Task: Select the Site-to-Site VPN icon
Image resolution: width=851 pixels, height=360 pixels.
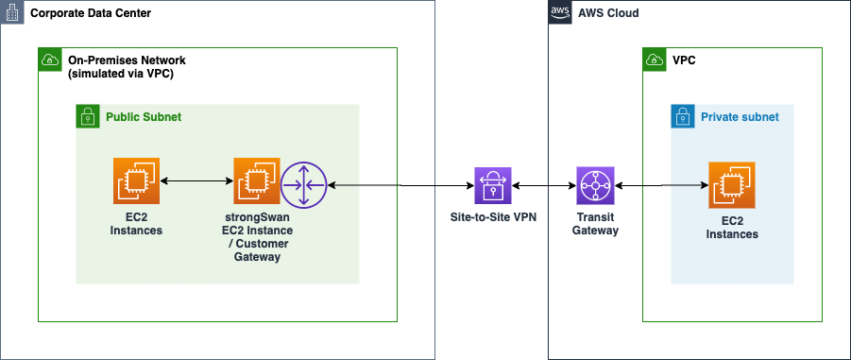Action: point(492,186)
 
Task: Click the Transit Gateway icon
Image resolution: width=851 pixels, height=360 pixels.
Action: point(595,186)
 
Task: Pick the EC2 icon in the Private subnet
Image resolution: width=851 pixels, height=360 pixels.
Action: point(732,186)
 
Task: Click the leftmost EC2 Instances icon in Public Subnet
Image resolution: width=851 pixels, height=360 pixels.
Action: point(138,180)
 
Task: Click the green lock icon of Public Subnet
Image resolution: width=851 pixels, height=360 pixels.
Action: point(88,116)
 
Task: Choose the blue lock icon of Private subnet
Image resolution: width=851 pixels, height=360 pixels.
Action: point(683,116)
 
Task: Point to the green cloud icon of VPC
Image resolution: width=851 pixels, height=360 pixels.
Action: point(654,60)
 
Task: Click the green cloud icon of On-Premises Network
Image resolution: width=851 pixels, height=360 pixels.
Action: point(49,60)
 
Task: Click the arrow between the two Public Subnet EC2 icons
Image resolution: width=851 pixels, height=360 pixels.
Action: point(197,180)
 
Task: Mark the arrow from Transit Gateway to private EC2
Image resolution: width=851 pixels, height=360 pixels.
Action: point(661,186)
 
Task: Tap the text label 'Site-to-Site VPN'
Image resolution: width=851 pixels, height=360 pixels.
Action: point(492,216)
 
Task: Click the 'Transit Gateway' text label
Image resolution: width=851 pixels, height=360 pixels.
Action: point(595,223)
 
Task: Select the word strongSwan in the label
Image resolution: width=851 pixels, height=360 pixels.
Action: point(257,216)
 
